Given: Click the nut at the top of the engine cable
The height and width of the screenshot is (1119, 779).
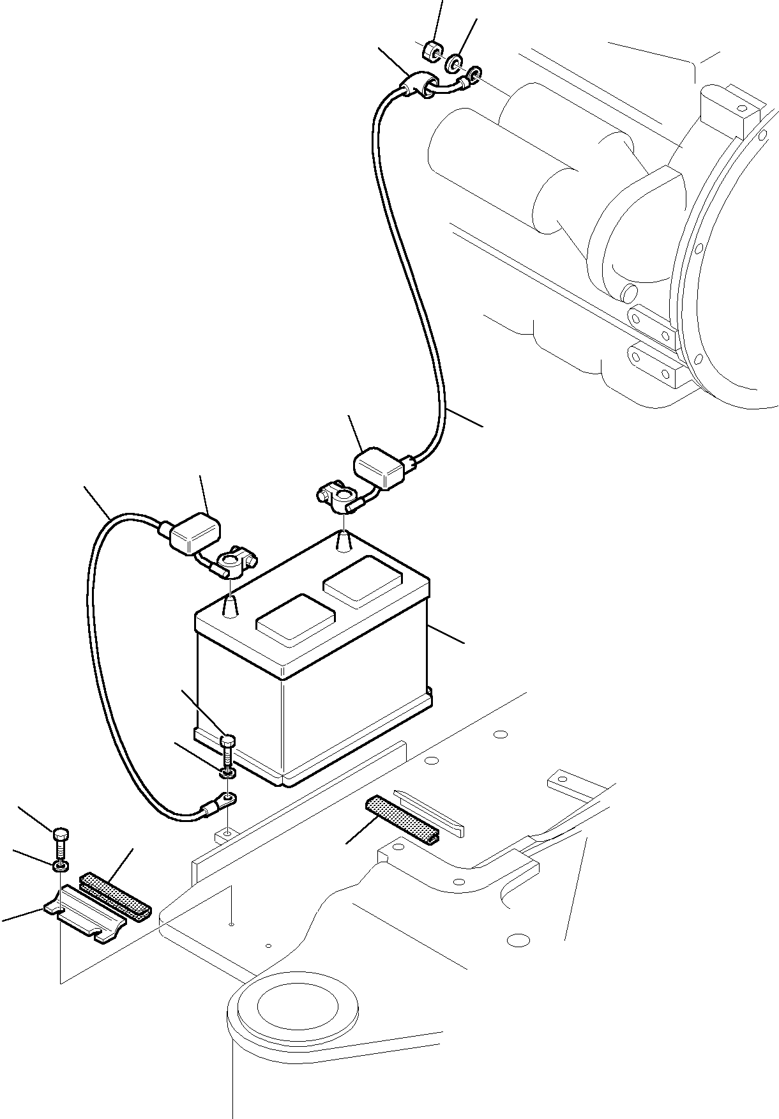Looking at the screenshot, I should tap(432, 52).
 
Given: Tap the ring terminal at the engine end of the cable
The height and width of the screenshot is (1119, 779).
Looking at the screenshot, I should tap(474, 76).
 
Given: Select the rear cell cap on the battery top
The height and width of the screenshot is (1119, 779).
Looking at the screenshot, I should tap(363, 579).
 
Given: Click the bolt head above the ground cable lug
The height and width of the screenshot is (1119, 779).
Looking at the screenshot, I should tap(227, 742).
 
